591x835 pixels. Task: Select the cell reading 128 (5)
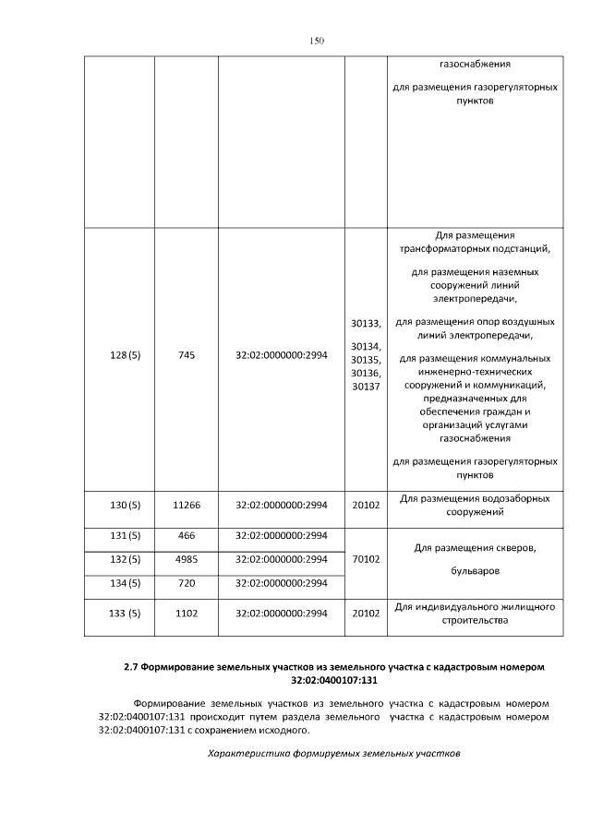click(x=119, y=356)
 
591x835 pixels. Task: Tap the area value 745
click(x=186, y=356)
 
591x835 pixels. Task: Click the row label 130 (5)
click(x=119, y=506)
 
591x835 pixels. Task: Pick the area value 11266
click(x=186, y=506)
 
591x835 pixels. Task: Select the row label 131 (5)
click(x=119, y=535)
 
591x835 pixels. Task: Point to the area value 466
click(x=186, y=535)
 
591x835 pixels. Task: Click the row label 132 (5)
click(x=119, y=559)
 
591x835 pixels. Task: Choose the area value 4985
click(x=186, y=559)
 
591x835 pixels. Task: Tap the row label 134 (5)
click(x=119, y=583)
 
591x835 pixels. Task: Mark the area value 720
click(x=186, y=583)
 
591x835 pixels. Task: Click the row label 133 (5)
click(x=119, y=614)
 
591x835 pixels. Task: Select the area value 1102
click(x=186, y=614)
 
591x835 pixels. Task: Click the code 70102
click(x=366, y=559)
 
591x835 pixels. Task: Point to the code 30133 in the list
click(x=366, y=324)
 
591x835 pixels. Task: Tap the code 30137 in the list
click(x=366, y=387)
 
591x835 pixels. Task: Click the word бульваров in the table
click(x=475, y=570)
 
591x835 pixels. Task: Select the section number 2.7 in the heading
click(x=132, y=666)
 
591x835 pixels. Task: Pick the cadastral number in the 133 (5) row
click(x=282, y=614)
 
